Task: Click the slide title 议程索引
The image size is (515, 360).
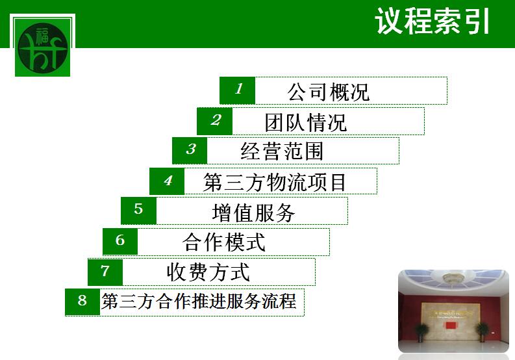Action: pos(433,21)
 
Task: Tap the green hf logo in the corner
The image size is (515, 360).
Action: pos(42,47)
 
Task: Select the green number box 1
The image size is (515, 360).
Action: pos(237,90)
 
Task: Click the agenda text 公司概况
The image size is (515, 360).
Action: pos(329,92)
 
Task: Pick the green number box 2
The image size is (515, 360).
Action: pos(214,121)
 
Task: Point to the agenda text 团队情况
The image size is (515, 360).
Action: pos(306,122)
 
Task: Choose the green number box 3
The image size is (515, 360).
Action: pos(190,151)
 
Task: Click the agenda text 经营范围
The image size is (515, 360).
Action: pos(282,151)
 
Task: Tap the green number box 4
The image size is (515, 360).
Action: pos(167,181)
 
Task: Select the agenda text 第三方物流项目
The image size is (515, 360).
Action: pos(275,182)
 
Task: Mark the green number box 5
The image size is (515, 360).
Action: pos(138,211)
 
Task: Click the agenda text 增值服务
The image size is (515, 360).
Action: pos(253,212)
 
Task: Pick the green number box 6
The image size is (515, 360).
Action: pos(120,242)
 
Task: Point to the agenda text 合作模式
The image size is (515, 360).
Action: pos(224,242)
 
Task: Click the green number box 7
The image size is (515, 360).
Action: pos(105,272)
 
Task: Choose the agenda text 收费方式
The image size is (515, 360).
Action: pos(208,272)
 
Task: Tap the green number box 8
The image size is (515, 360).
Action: pos(82,302)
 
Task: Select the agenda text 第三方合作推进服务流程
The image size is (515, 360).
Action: pos(199,301)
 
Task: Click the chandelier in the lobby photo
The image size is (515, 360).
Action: pos(453,278)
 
